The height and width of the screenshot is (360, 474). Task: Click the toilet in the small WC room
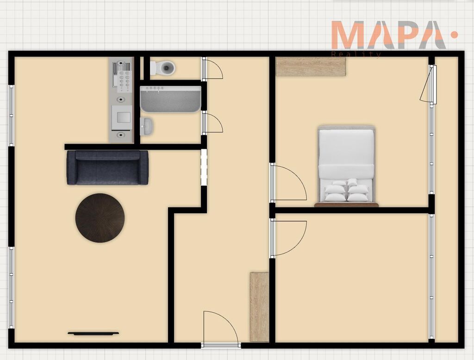(x=163, y=68)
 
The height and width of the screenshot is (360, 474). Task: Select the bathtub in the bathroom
(x=170, y=99)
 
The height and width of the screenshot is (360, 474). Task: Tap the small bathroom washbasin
(x=147, y=126)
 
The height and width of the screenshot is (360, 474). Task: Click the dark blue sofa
(x=107, y=167)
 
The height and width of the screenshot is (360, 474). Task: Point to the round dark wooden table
(x=100, y=218)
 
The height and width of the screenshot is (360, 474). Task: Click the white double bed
(x=346, y=166)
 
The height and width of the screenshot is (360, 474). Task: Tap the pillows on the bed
(x=347, y=190)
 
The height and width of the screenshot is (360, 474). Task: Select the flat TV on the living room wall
(x=93, y=334)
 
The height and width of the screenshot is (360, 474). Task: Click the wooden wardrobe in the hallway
(x=259, y=307)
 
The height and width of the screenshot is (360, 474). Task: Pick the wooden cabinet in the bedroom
(x=311, y=67)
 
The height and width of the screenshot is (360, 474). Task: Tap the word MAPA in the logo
(x=389, y=35)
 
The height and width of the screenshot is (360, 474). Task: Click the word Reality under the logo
(x=356, y=55)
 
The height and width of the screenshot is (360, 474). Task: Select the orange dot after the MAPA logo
(x=454, y=35)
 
